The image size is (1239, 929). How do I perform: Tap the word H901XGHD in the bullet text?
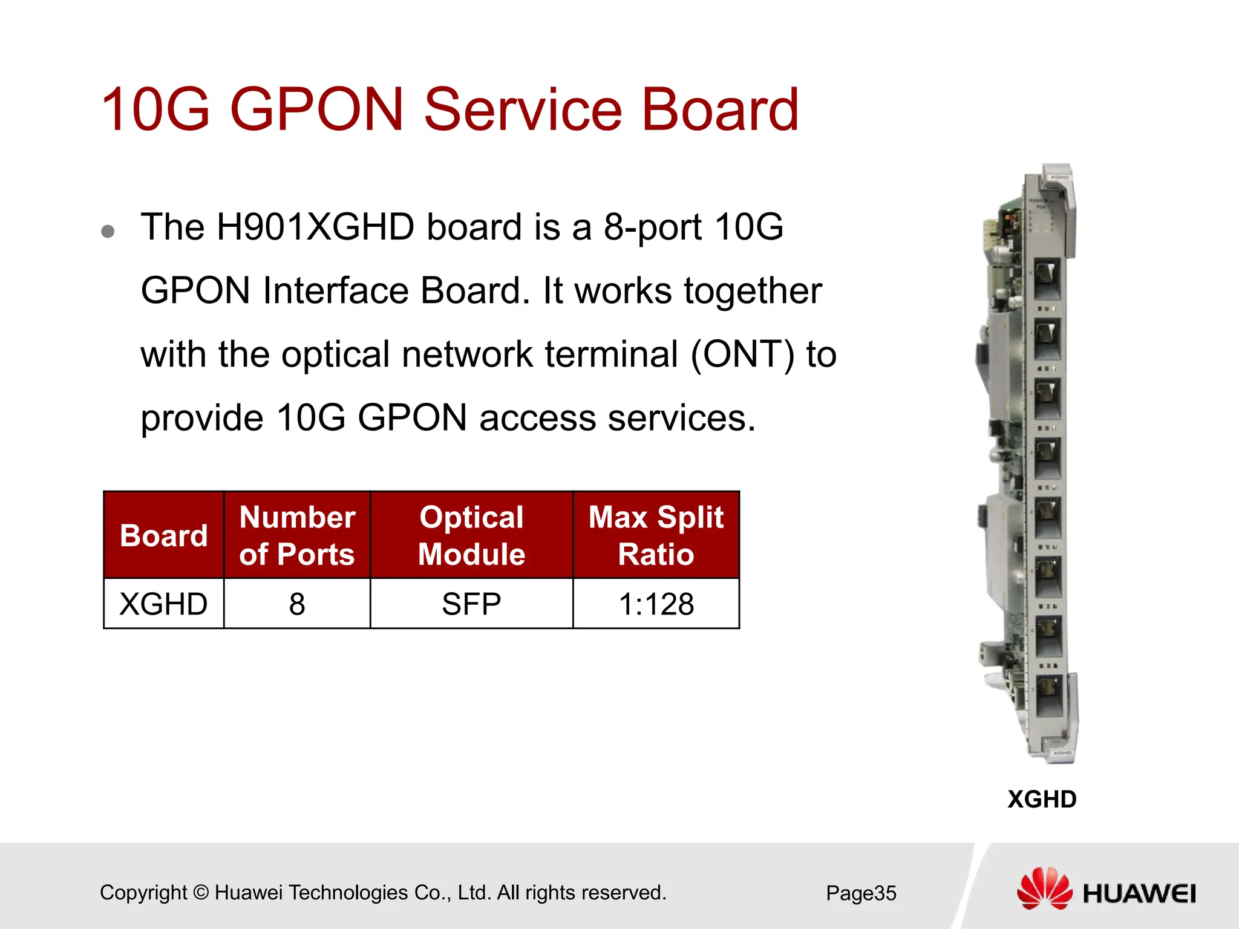click(x=315, y=227)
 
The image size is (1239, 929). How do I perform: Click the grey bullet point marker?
click(x=108, y=231)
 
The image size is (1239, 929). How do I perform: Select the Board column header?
click(x=163, y=535)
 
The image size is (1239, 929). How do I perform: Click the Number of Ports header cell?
click(x=296, y=535)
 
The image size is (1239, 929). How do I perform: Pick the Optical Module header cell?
click(x=471, y=535)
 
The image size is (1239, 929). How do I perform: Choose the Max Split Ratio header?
click(x=656, y=535)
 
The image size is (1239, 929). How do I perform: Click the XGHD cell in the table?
click(x=163, y=604)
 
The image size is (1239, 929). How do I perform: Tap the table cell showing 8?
click(x=296, y=604)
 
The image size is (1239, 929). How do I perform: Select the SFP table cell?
click(x=471, y=604)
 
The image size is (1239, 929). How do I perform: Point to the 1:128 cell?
click(x=656, y=604)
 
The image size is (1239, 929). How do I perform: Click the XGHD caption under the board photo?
click(x=1042, y=799)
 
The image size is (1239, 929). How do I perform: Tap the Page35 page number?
click(x=861, y=893)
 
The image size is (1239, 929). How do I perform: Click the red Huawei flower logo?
click(x=1044, y=888)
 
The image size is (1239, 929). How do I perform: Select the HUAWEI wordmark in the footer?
click(x=1139, y=893)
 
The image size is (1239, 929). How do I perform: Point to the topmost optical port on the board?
click(x=1047, y=278)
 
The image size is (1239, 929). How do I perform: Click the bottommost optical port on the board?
click(x=1048, y=694)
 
